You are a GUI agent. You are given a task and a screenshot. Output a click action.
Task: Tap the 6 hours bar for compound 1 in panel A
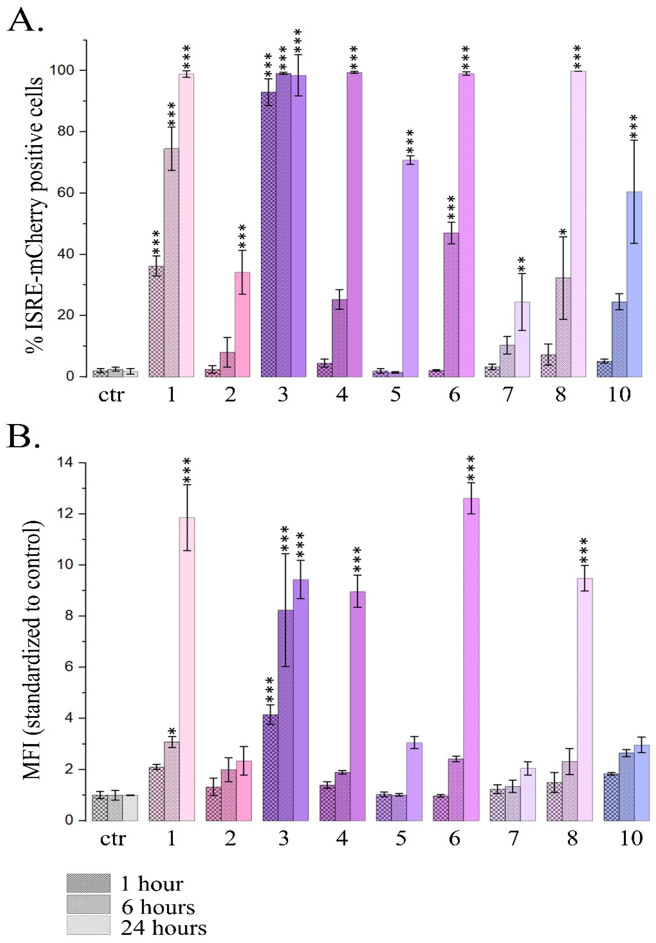click(x=171, y=263)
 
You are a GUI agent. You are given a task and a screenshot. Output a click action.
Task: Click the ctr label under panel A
click(x=111, y=395)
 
